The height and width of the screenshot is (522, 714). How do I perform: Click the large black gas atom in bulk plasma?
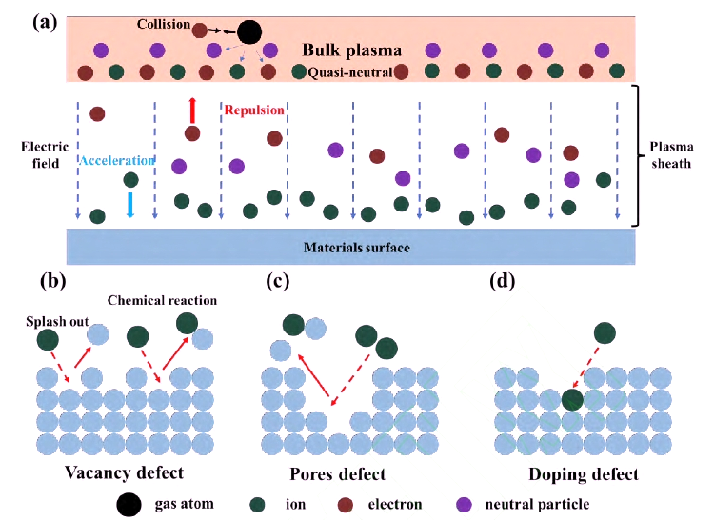click(248, 31)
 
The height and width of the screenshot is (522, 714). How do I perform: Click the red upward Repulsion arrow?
click(192, 109)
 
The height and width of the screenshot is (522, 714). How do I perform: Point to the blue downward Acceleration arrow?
click(130, 205)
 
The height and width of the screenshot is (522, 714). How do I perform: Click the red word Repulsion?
click(253, 110)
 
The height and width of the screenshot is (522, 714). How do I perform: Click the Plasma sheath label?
click(672, 155)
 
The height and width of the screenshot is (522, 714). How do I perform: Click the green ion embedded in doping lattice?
click(572, 399)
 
